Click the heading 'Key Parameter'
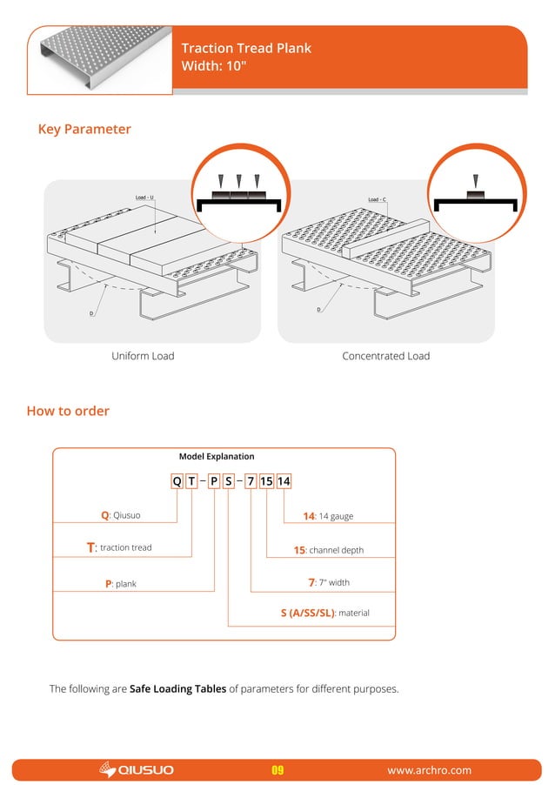84,130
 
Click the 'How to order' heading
68,411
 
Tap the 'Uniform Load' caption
143,356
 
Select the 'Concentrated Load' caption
385,356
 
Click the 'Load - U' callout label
144,198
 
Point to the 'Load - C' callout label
377,199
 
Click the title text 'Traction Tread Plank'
245,49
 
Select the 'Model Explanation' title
217,456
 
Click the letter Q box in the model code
177,481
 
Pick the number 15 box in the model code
266,481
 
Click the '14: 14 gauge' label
328,516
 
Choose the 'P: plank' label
121,583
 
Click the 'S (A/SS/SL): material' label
324,613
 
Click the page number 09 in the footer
278,770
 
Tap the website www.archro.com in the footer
429,770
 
